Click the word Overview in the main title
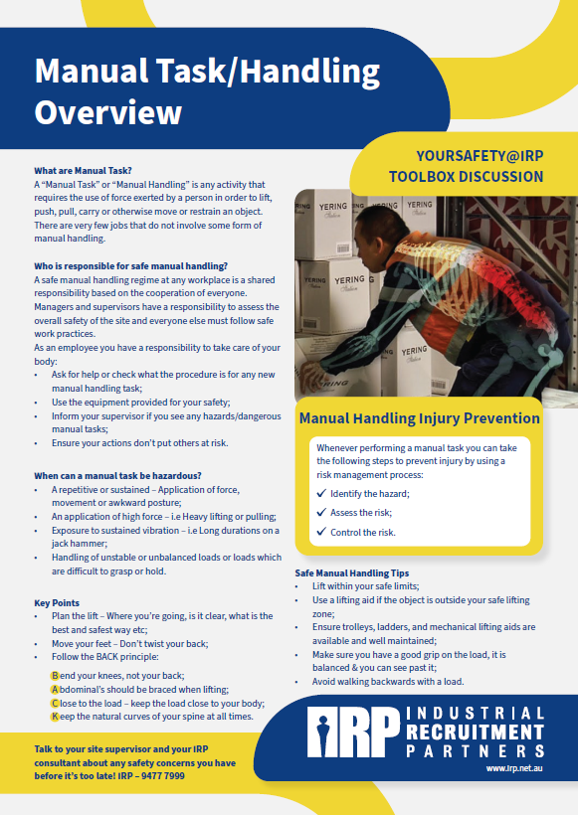point(108,112)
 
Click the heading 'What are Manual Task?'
point(83,171)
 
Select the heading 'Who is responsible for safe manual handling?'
point(130,266)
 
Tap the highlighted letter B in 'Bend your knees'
point(55,676)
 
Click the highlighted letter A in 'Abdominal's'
point(55,689)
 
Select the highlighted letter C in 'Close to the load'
point(55,703)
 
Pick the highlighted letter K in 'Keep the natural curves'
point(55,716)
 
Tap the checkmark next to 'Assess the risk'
point(320,513)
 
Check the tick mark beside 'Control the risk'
point(320,532)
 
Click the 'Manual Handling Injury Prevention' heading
point(419,418)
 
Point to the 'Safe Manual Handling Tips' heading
point(352,573)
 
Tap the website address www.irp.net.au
point(515,768)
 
